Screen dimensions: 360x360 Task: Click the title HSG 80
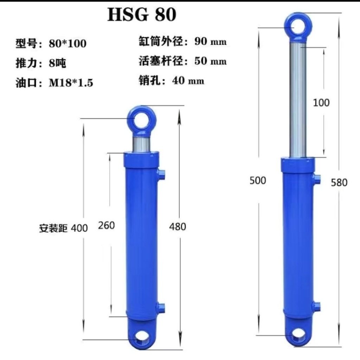[x=142, y=14]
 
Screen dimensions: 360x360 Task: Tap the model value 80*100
[x=67, y=43]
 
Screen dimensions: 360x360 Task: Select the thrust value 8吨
[x=57, y=63]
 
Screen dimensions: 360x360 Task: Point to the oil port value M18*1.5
[x=71, y=82]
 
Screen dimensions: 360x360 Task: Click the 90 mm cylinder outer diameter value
[x=210, y=41]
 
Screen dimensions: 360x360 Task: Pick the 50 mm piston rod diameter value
[x=210, y=61]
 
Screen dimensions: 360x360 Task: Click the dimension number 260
[x=106, y=225]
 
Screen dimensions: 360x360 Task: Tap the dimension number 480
[x=178, y=227]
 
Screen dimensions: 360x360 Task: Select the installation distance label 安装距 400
[x=63, y=228]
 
